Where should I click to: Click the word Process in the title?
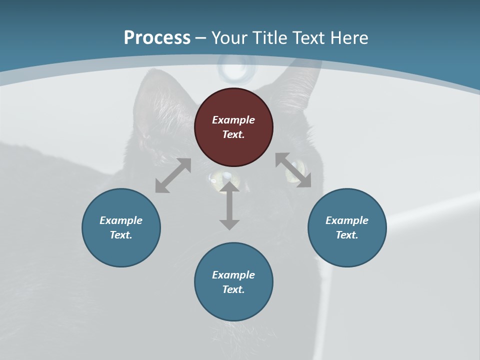click(x=157, y=38)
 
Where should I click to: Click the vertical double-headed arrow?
click(x=229, y=206)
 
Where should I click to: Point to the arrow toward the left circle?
click(x=173, y=175)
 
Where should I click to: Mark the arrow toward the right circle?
click(x=293, y=170)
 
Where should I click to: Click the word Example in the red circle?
click(x=233, y=120)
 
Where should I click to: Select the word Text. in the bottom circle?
click(x=233, y=289)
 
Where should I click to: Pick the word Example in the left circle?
click(x=121, y=220)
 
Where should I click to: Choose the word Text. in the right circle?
click(x=347, y=235)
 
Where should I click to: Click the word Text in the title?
click(x=310, y=38)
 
